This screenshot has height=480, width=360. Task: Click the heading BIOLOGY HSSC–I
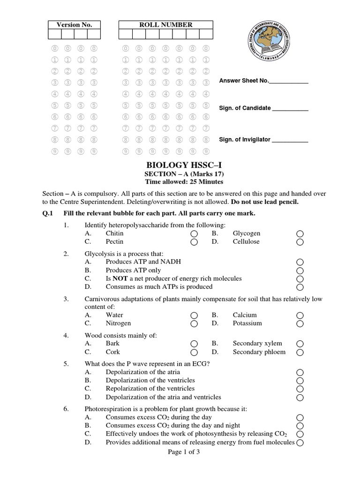[x=180, y=165]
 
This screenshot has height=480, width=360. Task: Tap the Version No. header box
[x=74, y=25]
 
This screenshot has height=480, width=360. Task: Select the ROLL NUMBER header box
[x=165, y=25]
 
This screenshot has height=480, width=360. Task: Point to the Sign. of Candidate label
[x=245, y=108]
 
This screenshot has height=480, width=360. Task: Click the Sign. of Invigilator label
[x=245, y=140]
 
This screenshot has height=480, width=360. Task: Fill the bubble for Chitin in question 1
[x=195, y=234]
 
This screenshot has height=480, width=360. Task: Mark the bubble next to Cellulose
[x=300, y=242]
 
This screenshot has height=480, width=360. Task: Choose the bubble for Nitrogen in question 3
[x=195, y=324]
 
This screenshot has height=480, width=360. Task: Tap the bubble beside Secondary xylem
[x=300, y=344]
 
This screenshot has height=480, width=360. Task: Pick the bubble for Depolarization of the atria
[x=300, y=373]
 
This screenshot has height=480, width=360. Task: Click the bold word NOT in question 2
[x=120, y=278]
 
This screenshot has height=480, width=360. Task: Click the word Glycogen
[x=246, y=233]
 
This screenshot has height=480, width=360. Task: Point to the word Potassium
[x=247, y=323]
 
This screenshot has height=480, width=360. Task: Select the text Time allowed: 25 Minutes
[x=180, y=182]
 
